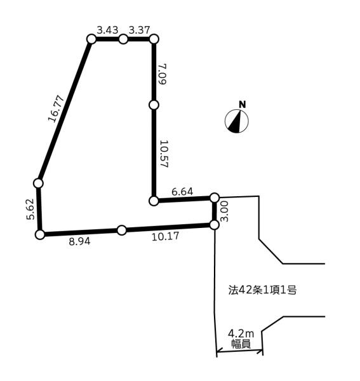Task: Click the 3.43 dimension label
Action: click(x=107, y=30)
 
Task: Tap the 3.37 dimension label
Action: click(x=139, y=30)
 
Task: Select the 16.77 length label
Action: click(x=56, y=109)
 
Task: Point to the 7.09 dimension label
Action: click(x=162, y=74)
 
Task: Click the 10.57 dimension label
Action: click(x=164, y=154)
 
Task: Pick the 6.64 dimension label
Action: click(x=182, y=192)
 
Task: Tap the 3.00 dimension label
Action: click(x=225, y=211)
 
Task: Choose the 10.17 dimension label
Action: click(x=166, y=236)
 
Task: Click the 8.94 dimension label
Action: click(x=79, y=241)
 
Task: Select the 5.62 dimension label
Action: click(x=30, y=209)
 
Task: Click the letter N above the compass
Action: click(x=243, y=105)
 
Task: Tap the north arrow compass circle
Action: click(x=237, y=121)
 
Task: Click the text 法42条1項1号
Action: click(x=262, y=290)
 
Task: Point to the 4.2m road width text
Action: click(x=241, y=334)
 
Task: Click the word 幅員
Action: click(x=241, y=344)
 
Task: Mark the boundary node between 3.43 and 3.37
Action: click(x=123, y=39)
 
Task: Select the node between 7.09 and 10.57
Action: click(x=154, y=105)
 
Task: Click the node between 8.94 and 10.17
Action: click(x=122, y=230)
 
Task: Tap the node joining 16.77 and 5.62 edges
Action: click(x=38, y=184)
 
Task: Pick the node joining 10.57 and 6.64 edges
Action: click(x=154, y=201)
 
